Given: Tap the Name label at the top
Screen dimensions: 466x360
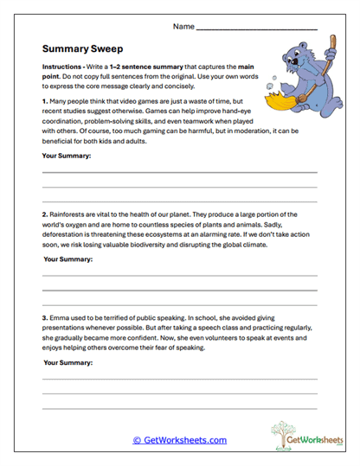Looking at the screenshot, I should (x=183, y=27).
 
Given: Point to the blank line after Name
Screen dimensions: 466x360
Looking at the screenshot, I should (x=256, y=29).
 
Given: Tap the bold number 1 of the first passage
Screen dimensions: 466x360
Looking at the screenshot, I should (x=44, y=101).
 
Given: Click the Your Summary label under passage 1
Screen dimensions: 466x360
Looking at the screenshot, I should (x=67, y=156).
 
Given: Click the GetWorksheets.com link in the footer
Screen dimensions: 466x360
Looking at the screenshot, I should (x=180, y=440).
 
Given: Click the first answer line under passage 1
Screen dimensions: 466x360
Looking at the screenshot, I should (x=180, y=173).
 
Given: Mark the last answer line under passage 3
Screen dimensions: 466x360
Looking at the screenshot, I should (x=180, y=407).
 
